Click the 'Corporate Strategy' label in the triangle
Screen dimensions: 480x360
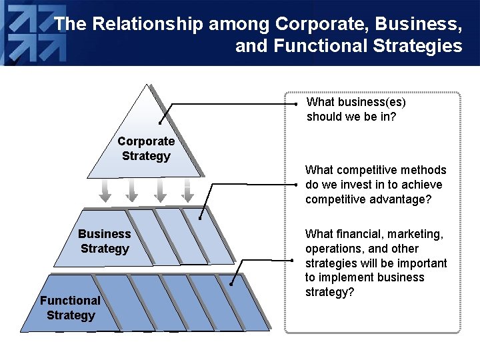click(x=146, y=149)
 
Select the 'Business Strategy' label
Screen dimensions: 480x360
click(x=105, y=241)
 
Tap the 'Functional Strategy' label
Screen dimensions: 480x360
click(x=71, y=308)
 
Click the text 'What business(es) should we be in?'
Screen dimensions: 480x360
click(x=356, y=109)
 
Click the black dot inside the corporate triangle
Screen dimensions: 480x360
click(x=160, y=123)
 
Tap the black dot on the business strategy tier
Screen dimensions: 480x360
click(x=200, y=217)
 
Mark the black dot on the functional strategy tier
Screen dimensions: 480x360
click(x=230, y=285)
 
